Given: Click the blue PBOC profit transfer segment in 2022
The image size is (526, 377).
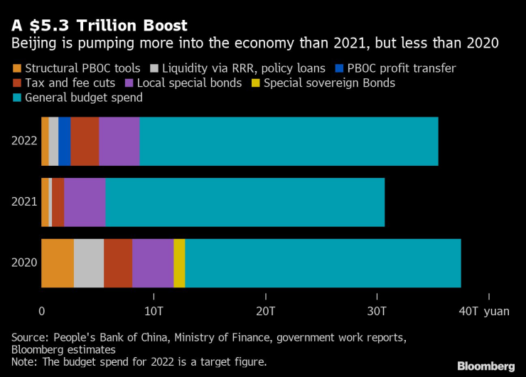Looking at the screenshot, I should click(x=65, y=141).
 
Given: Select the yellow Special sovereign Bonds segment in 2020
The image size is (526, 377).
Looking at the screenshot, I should click(x=179, y=263).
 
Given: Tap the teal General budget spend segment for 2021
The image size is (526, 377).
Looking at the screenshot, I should click(x=245, y=202).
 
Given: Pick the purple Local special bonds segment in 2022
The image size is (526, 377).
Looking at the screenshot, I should click(x=119, y=141).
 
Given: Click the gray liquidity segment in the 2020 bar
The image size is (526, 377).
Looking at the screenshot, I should click(x=89, y=263).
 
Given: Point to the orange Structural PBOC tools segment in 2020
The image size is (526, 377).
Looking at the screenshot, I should click(x=58, y=263).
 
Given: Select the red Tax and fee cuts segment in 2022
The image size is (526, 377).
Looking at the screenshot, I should click(x=85, y=141).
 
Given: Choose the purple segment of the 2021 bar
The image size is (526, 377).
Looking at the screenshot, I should click(x=85, y=202).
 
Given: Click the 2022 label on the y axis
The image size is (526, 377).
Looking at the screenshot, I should click(x=23, y=141).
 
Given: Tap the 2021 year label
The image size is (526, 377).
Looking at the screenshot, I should click(x=23, y=202).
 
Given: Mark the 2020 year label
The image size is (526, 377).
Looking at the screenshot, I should click(x=23, y=263).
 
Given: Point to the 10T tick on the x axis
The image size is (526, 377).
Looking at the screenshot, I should click(x=154, y=311).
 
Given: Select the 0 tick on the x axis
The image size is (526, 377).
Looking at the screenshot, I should click(x=42, y=311).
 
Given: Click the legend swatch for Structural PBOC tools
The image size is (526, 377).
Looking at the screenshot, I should click(x=17, y=69).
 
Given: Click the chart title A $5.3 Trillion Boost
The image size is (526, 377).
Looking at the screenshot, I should click(x=100, y=26).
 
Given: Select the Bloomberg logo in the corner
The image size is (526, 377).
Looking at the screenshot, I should click(x=485, y=366).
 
